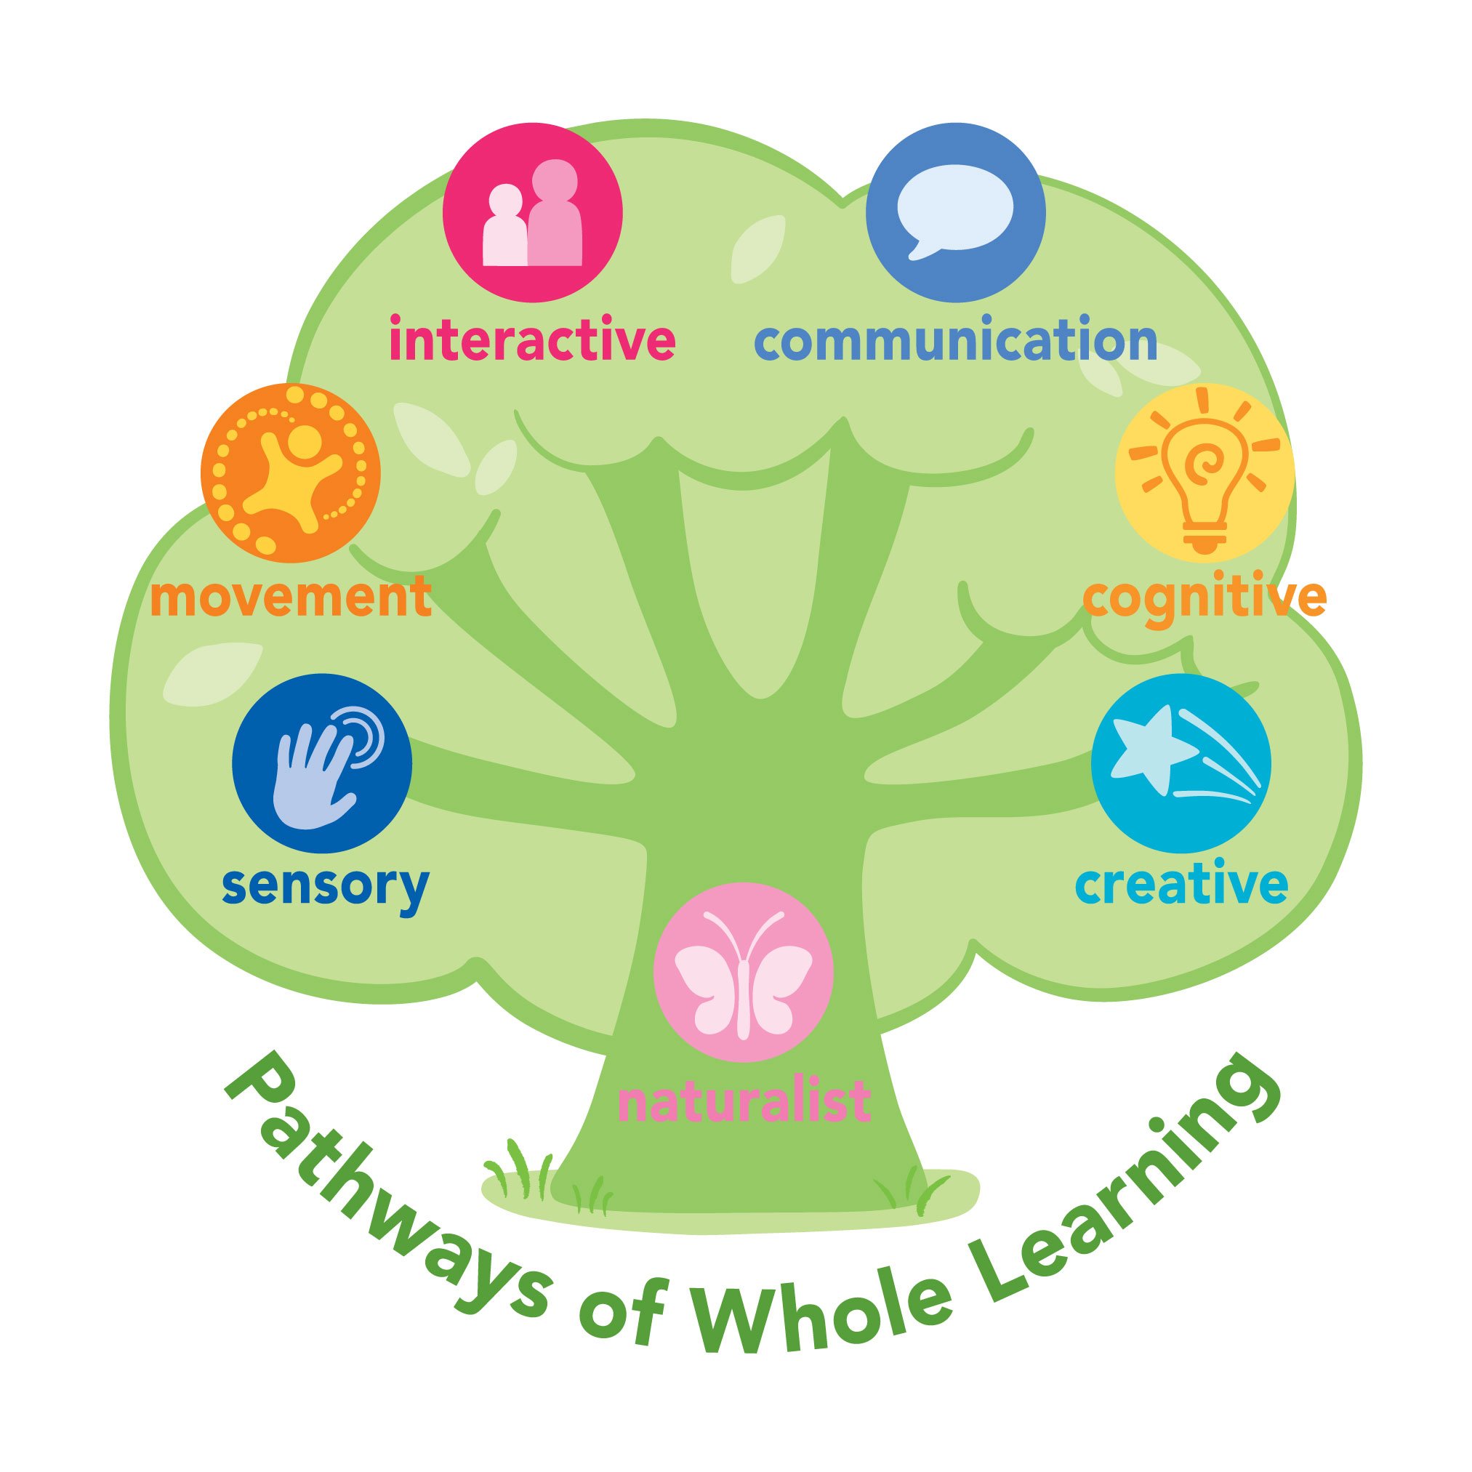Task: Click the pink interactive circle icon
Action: (x=533, y=212)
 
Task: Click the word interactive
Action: (x=532, y=342)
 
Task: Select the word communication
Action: (x=955, y=342)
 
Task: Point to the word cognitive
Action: (x=1204, y=600)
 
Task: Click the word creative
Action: (x=1182, y=885)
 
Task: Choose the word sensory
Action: (x=326, y=887)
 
